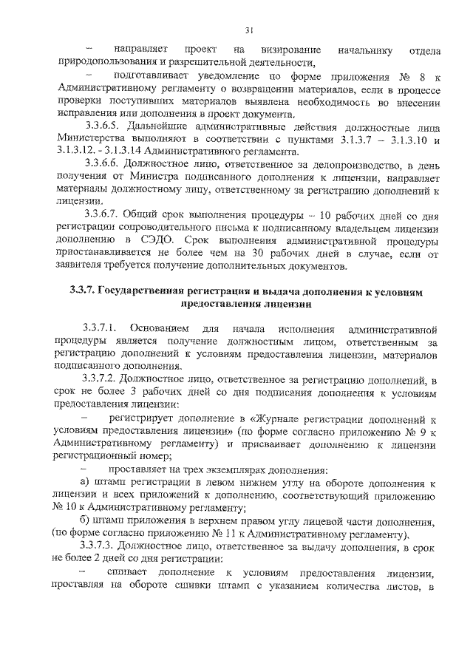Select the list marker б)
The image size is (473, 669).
coord(89,521)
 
